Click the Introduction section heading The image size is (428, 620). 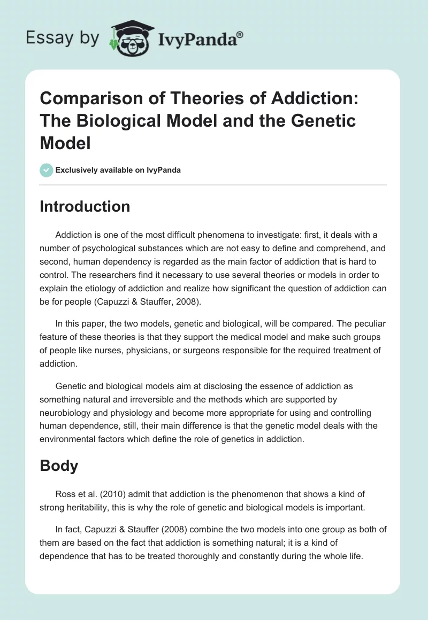85,206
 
